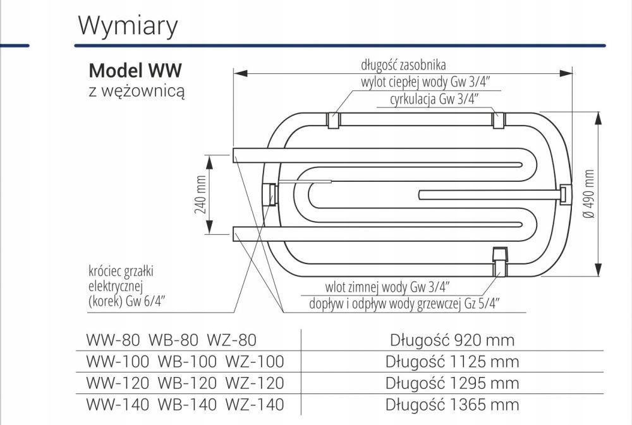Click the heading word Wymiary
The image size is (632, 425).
(x=128, y=26)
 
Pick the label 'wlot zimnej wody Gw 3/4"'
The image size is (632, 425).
(x=387, y=286)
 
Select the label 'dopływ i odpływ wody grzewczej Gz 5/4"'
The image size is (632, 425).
(x=404, y=303)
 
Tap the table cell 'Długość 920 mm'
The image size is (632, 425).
(x=452, y=340)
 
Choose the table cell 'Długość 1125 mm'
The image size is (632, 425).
(x=452, y=362)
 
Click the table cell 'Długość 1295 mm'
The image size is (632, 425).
(x=452, y=383)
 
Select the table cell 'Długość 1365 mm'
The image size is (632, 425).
(x=452, y=405)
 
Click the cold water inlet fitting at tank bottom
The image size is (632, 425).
(x=499, y=261)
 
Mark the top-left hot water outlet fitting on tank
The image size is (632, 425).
(x=332, y=120)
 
